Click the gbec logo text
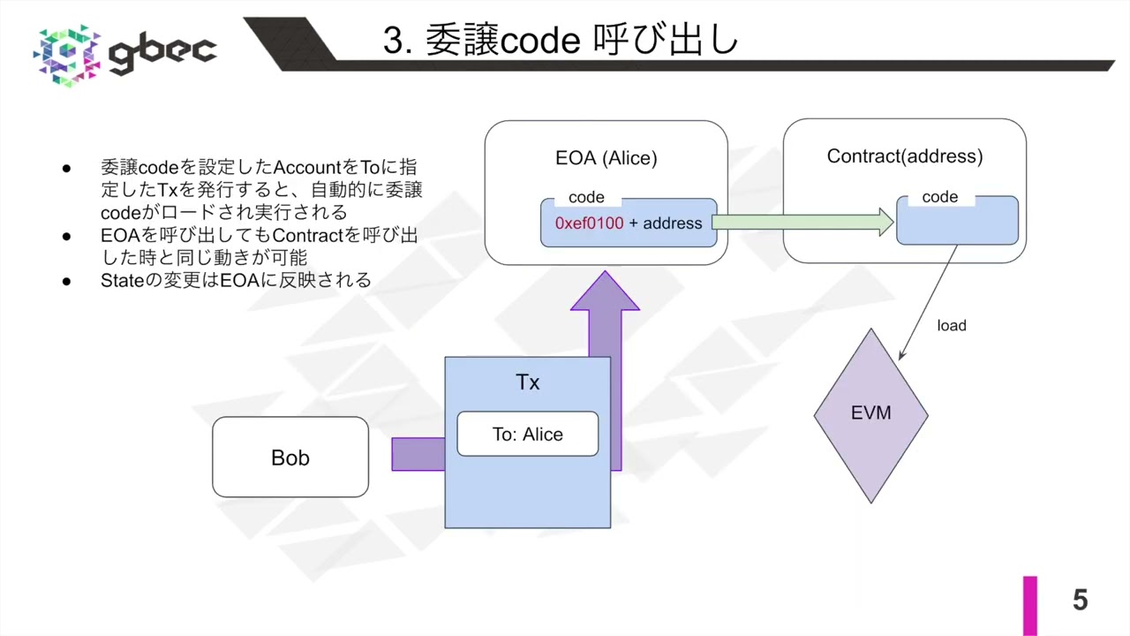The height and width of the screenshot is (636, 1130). tap(162, 52)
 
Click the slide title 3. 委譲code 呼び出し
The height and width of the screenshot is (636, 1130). tap(560, 41)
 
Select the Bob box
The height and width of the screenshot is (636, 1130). tap(290, 458)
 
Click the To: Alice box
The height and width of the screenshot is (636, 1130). tap(527, 435)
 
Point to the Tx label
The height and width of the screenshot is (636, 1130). tap(527, 382)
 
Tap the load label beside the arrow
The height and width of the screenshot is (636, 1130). tap(952, 326)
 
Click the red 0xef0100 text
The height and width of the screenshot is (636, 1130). tap(589, 223)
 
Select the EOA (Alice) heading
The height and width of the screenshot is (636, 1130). tap(606, 159)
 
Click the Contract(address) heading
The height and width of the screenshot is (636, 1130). tap(904, 156)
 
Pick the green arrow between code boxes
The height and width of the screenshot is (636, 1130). tap(802, 223)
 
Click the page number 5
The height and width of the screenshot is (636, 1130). tap(1080, 601)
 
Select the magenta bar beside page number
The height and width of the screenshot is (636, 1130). tap(1030, 605)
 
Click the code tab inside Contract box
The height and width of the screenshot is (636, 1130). tap(939, 197)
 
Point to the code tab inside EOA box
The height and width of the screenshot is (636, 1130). tap(586, 197)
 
